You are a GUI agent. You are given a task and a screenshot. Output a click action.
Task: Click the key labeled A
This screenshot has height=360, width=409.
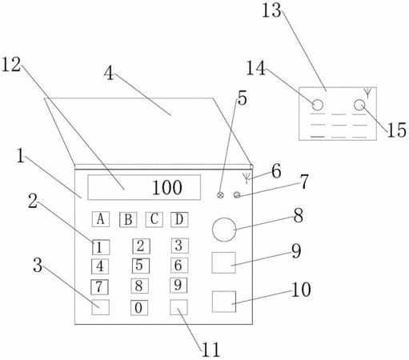coord(101,219)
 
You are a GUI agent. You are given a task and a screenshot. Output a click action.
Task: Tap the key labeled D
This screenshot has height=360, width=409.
coord(179,219)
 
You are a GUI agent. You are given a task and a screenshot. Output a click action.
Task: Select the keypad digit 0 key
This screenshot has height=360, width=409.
coord(139,308)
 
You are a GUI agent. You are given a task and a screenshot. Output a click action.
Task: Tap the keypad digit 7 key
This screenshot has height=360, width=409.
coord(99,287)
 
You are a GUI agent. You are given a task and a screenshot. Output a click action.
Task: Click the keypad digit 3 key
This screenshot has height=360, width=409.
coord(179,246)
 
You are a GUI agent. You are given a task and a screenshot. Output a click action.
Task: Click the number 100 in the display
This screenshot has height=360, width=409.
coord(167,187)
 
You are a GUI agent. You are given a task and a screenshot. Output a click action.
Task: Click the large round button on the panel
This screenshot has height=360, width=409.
coord(224,230)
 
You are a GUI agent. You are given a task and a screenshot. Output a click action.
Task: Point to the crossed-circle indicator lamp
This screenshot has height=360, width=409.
coord(220,195)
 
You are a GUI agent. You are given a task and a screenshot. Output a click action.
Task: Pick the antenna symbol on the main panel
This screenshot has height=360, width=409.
coord(247,178)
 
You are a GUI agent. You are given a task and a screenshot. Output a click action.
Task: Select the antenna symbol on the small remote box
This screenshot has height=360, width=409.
coord(367,93)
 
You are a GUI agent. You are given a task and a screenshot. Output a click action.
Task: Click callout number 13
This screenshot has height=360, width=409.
coord(271,11)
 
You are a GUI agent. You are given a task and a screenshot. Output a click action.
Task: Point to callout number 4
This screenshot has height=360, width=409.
coord(109,73)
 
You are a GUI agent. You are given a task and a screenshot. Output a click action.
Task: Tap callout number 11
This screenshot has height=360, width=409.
coord(211,350)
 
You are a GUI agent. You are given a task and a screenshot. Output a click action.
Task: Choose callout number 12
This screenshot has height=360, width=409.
coord(11,65)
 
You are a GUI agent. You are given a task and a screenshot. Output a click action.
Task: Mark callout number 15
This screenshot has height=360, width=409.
coord(397,130)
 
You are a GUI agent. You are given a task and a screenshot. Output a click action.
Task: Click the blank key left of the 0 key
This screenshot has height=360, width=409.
coord(101,307)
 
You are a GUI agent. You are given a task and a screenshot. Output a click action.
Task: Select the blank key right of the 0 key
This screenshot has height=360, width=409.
coord(178,307)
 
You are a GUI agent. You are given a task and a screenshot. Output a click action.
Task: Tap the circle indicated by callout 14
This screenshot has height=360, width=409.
coord(318,105)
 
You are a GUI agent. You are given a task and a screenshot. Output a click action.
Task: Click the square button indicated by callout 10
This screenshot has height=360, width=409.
coord(224,302)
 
